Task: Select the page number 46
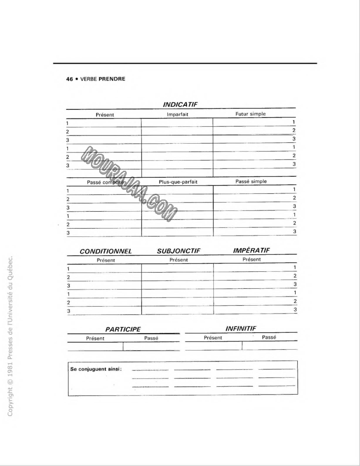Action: pyautogui.click(x=69, y=79)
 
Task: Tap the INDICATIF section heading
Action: pyautogui.click(x=180, y=105)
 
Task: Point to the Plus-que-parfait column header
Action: pyautogui.click(x=177, y=182)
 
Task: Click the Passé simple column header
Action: pyautogui.click(x=251, y=181)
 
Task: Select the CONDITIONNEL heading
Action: pyautogui.click(x=106, y=251)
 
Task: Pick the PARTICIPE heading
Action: pyautogui.click(x=123, y=330)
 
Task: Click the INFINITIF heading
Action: pyautogui.click(x=241, y=328)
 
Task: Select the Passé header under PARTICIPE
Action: pyautogui.click(x=151, y=338)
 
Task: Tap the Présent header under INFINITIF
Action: pyautogui.click(x=213, y=338)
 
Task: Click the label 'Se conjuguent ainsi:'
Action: pyautogui.click(x=96, y=369)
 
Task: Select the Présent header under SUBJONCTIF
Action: pyautogui.click(x=178, y=260)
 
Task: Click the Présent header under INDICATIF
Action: pyautogui.click(x=105, y=115)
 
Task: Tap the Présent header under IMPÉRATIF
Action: pyautogui.click(x=252, y=260)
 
